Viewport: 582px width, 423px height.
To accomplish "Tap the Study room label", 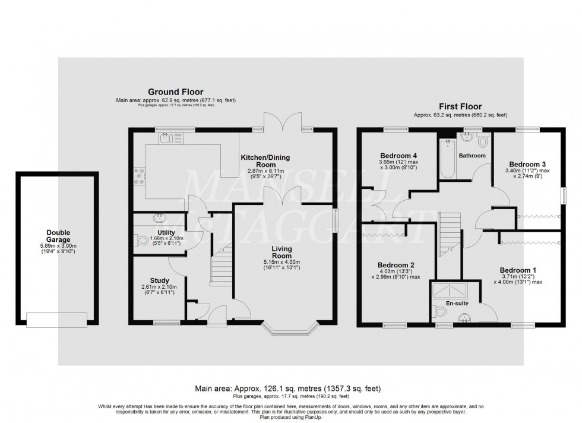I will pyautogui.click(x=159, y=280).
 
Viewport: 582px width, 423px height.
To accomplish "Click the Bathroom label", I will pyautogui.click(x=472, y=156).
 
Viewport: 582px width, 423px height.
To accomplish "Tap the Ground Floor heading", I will pyautogui.click(x=175, y=93).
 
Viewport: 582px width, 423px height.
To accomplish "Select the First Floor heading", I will pyautogui.click(x=460, y=106).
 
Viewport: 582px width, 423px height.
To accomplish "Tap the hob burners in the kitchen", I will pyautogui.click(x=140, y=176).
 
